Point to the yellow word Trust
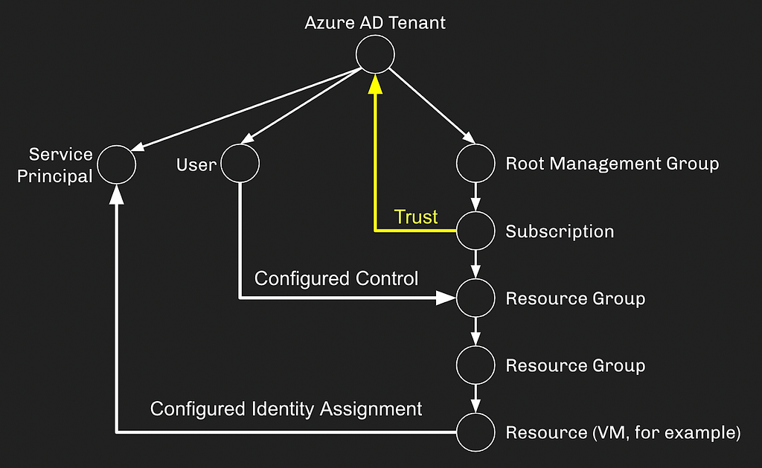point(416,217)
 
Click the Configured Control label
point(336,278)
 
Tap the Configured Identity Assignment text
point(286,408)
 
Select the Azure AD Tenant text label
point(375,23)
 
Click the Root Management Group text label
point(612,164)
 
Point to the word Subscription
point(560,231)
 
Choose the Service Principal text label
point(55,165)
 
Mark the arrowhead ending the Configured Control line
point(446,298)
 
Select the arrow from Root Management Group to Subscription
point(476,197)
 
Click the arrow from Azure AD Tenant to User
point(301,106)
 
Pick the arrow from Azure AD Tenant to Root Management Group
point(432,106)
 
